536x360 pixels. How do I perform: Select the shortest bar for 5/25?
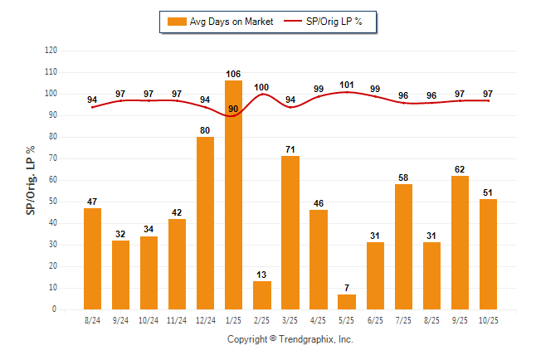pyautogui.click(x=347, y=302)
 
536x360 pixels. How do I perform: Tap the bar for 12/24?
pyautogui.click(x=205, y=223)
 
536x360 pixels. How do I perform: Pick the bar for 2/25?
pyautogui.click(x=261, y=295)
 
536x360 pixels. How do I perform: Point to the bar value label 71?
pyautogui.click(x=290, y=149)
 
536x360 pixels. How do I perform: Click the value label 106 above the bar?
pyautogui.click(x=233, y=74)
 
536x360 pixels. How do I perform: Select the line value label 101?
pyautogui.click(x=347, y=85)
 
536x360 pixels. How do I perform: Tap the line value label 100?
pyautogui.click(x=261, y=87)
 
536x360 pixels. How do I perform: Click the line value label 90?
pyautogui.click(x=233, y=109)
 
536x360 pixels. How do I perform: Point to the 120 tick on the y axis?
pyautogui.click(x=51, y=51)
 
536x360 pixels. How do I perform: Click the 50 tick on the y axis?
pyautogui.click(x=53, y=202)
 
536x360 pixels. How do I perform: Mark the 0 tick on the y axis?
pyautogui.click(x=55, y=309)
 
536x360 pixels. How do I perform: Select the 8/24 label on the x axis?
pyautogui.click(x=92, y=319)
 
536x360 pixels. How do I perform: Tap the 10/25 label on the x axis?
pyautogui.click(x=488, y=319)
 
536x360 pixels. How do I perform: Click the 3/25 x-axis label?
pyautogui.click(x=290, y=319)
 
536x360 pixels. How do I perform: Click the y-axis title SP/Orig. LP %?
pyautogui.click(x=31, y=179)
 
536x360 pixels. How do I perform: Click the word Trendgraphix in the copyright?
pyautogui.click(x=305, y=339)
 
